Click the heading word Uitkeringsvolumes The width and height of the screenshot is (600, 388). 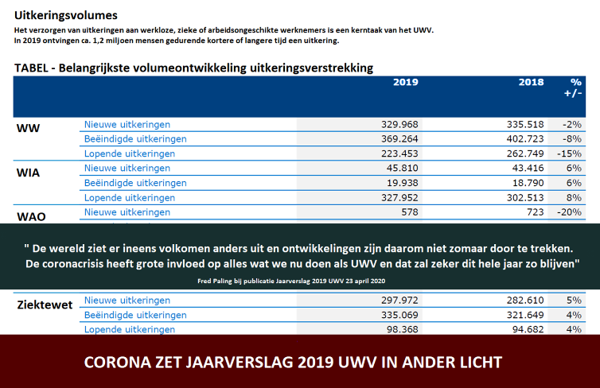click(x=67, y=15)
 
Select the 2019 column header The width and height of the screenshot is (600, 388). click(x=405, y=82)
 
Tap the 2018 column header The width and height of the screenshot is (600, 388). click(x=531, y=82)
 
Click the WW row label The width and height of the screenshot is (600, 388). click(x=28, y=128)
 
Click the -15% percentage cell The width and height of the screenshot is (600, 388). click(x=570, y=153)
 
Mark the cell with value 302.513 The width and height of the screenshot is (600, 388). click(x=525, y=198)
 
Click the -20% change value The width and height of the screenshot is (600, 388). click(x=570, y=212)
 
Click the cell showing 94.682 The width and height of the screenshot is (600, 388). click(x=528, y=329)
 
